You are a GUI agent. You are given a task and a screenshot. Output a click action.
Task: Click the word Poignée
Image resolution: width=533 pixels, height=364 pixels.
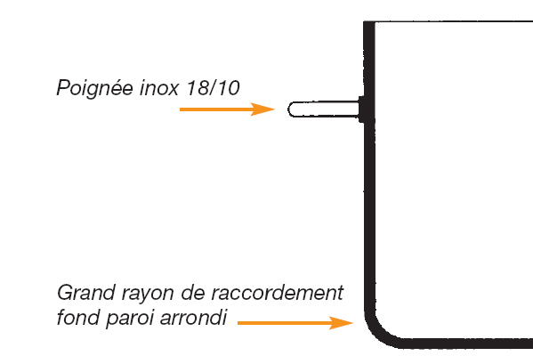95,88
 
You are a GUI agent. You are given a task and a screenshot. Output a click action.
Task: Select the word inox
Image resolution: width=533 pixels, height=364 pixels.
159,87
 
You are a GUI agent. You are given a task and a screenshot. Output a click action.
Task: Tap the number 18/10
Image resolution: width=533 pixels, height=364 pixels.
214,88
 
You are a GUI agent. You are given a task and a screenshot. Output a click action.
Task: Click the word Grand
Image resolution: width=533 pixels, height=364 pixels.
86,293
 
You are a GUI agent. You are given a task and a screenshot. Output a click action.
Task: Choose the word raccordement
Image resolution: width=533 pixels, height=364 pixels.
277,293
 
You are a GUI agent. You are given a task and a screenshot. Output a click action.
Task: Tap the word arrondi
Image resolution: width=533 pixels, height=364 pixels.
193,318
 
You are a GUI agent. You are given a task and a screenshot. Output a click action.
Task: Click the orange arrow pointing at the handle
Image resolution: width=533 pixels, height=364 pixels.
227,109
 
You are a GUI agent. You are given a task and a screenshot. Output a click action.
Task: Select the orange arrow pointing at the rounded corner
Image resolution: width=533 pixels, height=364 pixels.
295,323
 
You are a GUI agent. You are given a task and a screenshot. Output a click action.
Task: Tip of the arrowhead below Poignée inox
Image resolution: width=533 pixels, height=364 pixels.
275,109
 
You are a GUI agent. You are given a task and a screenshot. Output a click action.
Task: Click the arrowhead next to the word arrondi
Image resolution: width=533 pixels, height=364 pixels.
341,323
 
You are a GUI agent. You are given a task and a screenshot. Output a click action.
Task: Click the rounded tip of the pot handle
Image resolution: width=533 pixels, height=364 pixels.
289,109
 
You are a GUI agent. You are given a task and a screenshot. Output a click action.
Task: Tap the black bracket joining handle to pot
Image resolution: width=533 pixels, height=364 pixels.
362,109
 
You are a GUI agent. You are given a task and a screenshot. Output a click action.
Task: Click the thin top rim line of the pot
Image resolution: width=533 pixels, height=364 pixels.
454,21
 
